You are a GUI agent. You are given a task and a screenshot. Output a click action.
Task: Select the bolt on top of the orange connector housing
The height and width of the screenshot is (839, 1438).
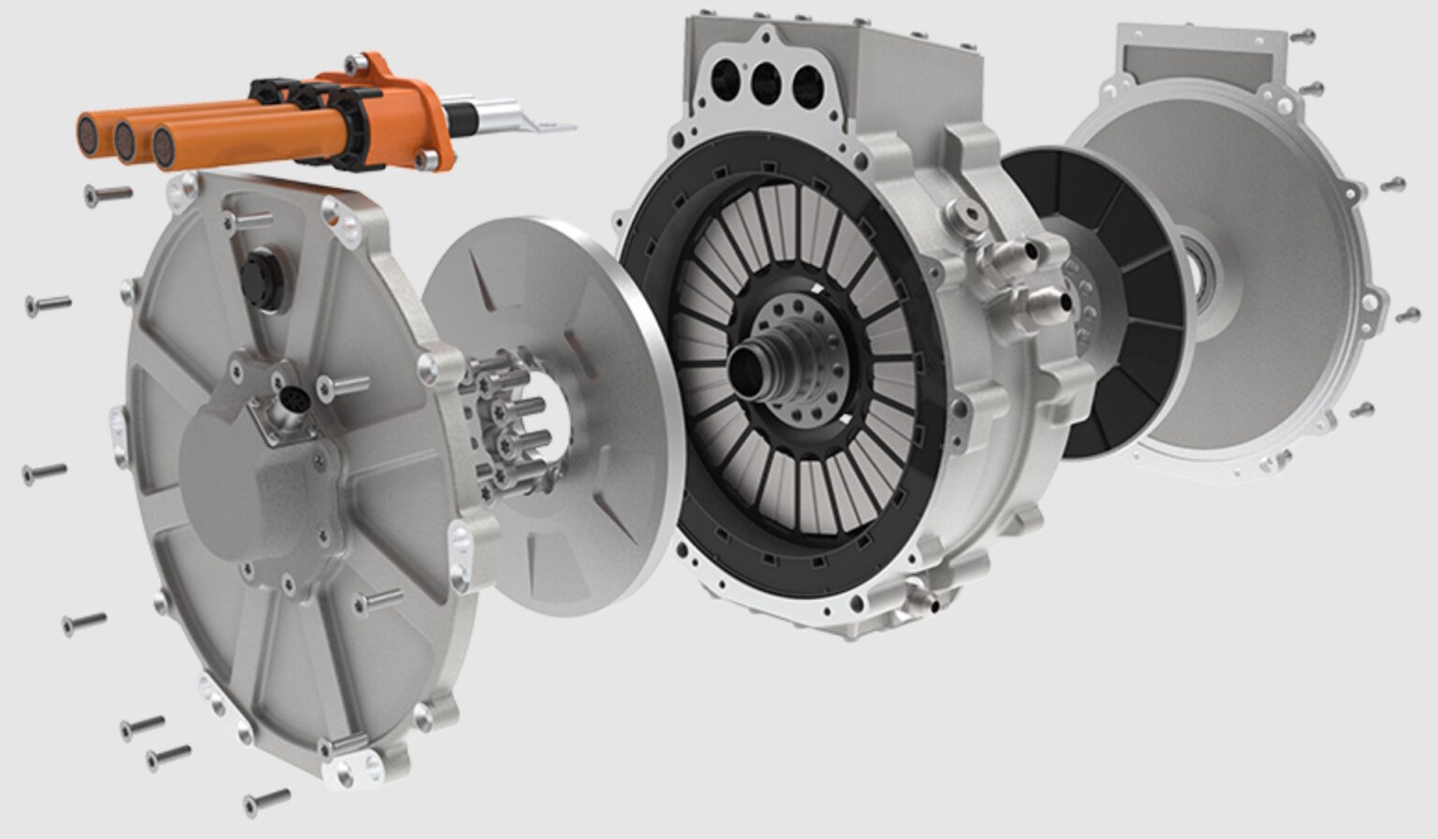(354, 65)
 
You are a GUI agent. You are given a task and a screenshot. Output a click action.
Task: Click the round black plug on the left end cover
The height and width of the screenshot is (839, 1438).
(258, 276)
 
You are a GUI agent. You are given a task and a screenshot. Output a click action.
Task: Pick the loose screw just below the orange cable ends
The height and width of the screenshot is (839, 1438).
(107, 195)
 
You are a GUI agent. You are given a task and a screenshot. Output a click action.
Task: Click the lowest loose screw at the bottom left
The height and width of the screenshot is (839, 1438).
(266, 802)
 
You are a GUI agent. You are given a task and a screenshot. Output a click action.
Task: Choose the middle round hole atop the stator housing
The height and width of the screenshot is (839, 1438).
(766, 81)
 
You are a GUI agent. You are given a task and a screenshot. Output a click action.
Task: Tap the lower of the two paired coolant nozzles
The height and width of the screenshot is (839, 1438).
(1038, 302)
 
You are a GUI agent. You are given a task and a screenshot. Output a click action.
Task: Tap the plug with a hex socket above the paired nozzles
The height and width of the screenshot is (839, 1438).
(968, 219)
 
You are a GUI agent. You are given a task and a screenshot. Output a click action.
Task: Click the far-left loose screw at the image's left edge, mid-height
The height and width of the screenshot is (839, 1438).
(46, 472)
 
